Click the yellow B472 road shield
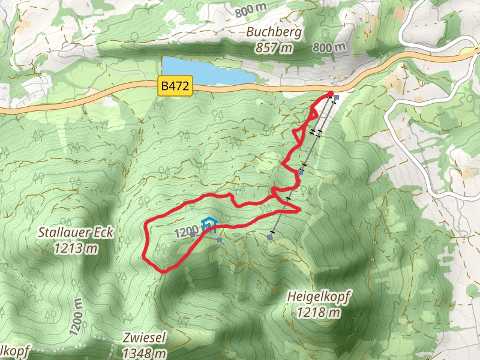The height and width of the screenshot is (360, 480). (175, 86)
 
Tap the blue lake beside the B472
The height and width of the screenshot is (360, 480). (204, 71)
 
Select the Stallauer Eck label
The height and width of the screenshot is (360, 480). (75, 232)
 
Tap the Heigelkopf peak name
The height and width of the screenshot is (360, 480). (319, 296)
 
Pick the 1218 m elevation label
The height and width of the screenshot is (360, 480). (319, 311)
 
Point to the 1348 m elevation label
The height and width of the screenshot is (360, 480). (144, 353)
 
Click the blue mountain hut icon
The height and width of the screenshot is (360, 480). (208, 226)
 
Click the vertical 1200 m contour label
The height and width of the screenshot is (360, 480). (75, 315)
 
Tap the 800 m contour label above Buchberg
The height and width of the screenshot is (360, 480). (251, 11)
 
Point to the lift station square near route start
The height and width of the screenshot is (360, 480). (337, 97)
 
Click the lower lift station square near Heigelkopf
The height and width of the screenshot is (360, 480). (270, 237)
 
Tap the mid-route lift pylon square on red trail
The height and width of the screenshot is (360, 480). (300, 172)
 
